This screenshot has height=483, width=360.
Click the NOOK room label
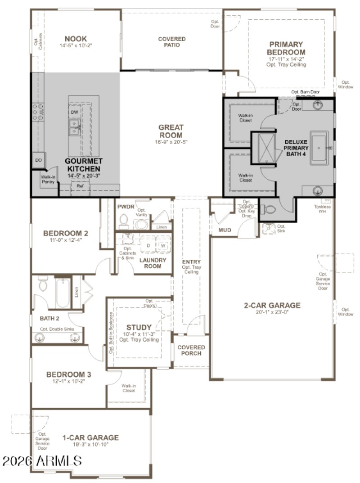76,39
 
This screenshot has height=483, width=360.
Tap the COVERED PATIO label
172,42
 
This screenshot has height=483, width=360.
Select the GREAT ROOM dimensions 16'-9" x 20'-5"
171,142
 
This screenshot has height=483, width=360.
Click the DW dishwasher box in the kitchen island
74,112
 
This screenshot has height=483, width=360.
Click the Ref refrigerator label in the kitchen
80,185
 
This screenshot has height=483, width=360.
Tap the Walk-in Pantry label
48,179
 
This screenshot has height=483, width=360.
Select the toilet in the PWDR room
124,221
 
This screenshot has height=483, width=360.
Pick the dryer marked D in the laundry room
148,245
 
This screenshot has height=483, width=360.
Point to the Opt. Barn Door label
306,92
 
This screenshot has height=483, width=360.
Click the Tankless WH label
325,209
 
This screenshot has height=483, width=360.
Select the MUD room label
225,230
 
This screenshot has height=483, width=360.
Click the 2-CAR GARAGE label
272,305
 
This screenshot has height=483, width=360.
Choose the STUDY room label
139,327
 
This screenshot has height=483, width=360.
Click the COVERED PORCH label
191,350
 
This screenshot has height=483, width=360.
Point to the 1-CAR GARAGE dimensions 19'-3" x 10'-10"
90,444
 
